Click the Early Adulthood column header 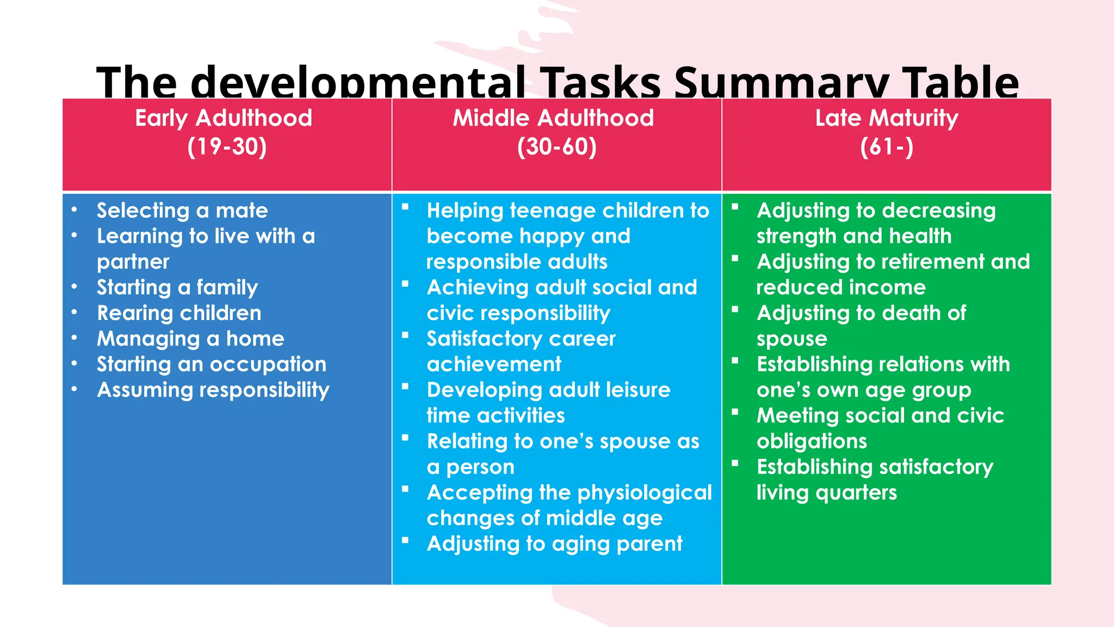(224, 118)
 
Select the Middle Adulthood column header (553, 118)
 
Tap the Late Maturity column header (887, 118)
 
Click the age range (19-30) (227, 147)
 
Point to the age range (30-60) (556, 147)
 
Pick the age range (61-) (887, 147)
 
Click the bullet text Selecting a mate (182, 211)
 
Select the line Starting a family (177, 287)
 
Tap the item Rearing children (179, 313)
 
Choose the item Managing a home (190, 339)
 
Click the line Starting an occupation (212, 364)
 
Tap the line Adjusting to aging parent (554, 544)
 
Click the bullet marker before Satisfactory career (405, 335)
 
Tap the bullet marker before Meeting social (735, 412)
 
